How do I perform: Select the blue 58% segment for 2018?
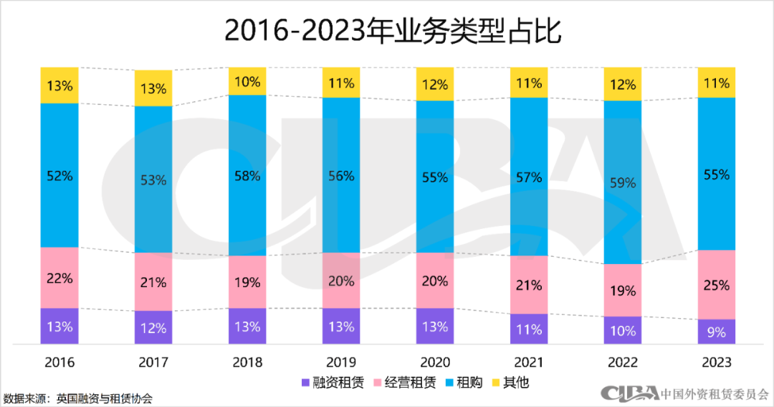[x=247, y=175]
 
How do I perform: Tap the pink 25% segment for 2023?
[x=716, y=284]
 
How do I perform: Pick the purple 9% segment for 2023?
[x=716, y=332]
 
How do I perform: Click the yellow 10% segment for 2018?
[x=247, y=81]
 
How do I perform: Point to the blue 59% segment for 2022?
[x=622, y=182]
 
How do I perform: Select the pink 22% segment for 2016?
[x=59, y=278]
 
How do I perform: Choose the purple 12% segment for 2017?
[x=153, y=328]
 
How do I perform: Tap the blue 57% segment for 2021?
[x=528, y=177]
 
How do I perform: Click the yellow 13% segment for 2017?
[x=153, y=88]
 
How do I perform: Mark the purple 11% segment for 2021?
[x=528, y=329]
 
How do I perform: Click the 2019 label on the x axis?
[x=341, y=362]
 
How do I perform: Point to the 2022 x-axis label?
[x=622, y=362]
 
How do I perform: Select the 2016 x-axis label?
[x=59, y=362]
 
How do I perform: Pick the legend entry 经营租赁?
[x=406, y=382]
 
